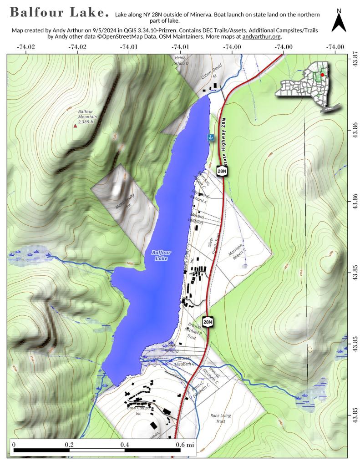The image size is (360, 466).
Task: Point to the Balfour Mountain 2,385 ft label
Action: click(85, 117)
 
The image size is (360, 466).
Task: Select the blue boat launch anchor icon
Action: click(211, 137)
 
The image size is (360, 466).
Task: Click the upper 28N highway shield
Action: click(222, 171)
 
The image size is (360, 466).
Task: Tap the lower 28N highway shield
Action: click(208, 322)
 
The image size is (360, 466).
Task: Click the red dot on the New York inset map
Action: click(322, 75)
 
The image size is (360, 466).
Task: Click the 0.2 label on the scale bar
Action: click(69, 444)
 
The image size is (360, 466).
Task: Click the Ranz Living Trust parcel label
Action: click(220, 418)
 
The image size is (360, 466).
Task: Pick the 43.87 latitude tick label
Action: click(352, 58)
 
